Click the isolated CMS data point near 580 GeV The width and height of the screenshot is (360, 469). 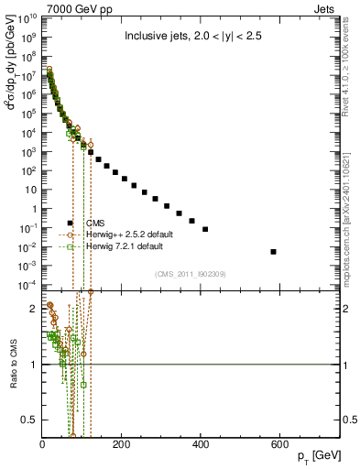click(274, 251)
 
